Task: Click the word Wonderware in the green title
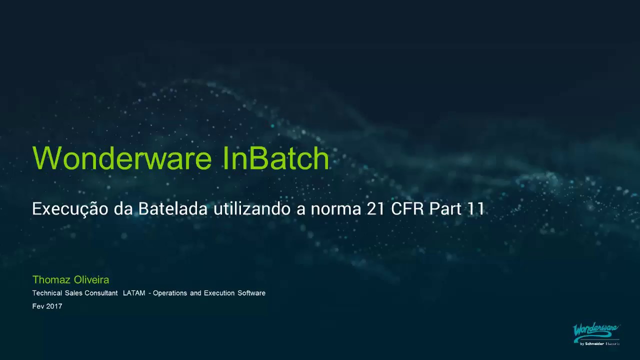coord(122,158)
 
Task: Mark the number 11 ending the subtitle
coord(475,209)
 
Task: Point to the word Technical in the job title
coord(47,293)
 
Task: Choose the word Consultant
coord(101,293)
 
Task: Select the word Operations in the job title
coord(170,293)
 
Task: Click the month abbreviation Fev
coord(38,306)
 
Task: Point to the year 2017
coord(54,306)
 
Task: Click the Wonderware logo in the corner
coord(596,333)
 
